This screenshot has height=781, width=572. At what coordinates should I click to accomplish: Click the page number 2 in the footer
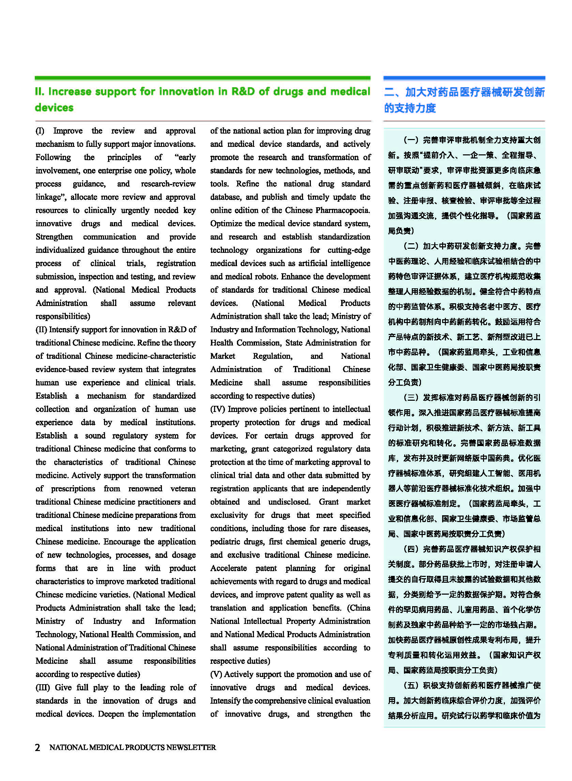point(37,747)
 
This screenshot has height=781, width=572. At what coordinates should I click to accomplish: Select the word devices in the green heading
point(54,107)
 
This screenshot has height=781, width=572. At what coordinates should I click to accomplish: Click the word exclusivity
point(228,515)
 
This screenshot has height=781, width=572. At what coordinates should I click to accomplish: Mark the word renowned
point(145,488)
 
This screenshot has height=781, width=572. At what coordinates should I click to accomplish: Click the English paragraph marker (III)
point(43,687)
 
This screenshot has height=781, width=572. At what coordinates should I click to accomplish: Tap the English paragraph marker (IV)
point(217,409)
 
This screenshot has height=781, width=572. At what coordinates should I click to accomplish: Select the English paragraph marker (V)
point(216,674)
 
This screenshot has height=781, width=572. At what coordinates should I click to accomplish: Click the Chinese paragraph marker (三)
point(411,397)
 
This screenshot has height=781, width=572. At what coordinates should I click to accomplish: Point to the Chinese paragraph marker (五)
point(411,685)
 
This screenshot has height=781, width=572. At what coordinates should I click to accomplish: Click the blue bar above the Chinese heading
point(464,78)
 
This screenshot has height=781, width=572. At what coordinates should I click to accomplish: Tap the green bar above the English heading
point(202,78)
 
